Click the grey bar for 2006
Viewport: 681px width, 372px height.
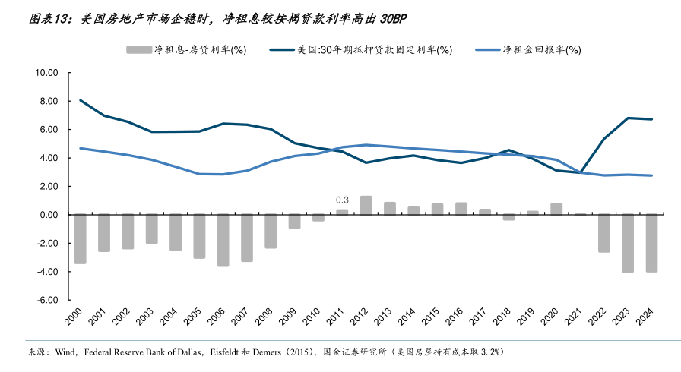click(x=223, y=240)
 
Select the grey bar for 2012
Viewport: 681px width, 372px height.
click(x=366, y=205)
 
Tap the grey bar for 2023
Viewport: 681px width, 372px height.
click(x=628, y=243)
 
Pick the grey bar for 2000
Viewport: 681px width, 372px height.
click(x=80, y=239)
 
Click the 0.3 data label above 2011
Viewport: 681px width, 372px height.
click(x=342, y=200)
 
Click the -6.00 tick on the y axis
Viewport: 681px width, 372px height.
click(x=46, y=300)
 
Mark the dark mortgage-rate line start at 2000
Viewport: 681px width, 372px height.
click(x=81, y=100)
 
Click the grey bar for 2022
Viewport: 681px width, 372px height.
click(x=604, y=233)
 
